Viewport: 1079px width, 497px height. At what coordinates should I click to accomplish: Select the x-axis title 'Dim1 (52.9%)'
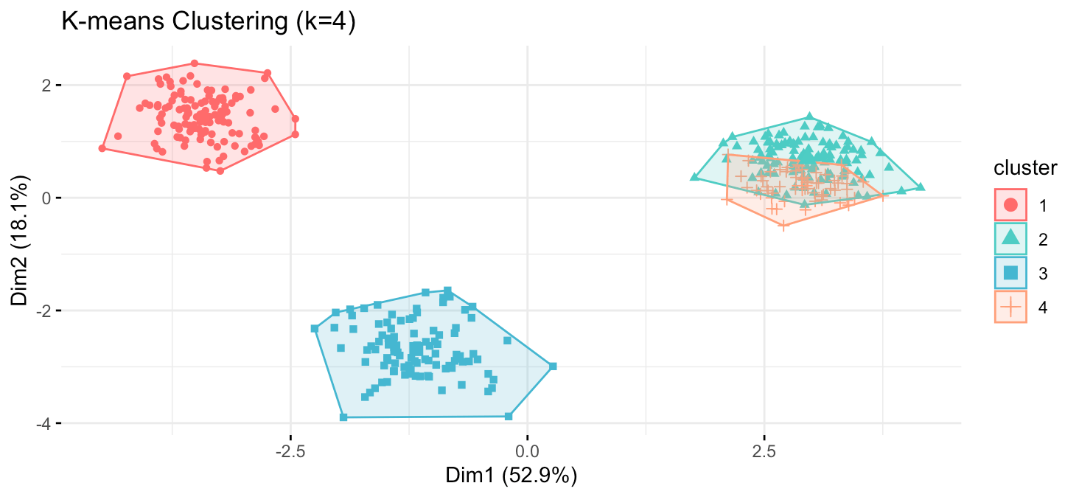(x=511, y=476)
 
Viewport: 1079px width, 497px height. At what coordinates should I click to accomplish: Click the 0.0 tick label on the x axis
(x=527, y=449)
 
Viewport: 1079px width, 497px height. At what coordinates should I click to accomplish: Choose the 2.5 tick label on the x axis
(x=764, y=449)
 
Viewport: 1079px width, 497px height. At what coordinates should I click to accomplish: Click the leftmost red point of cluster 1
(x=102, y=148)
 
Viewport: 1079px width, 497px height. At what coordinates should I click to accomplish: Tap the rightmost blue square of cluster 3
(x=553, y=366)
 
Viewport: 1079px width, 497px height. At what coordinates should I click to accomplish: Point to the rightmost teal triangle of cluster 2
(x=921, y=187)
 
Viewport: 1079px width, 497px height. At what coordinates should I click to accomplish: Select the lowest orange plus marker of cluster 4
(x=784, y=226)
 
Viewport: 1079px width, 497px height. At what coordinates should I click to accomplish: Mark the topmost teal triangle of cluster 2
(x=809, y=117)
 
